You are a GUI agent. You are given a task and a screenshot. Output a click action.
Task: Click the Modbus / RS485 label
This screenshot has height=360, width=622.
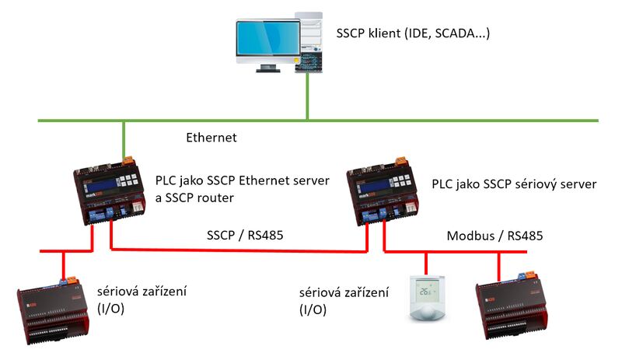tap(494, 235)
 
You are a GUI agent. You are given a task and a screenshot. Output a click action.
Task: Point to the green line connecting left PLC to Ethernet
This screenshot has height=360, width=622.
tap(122, 138)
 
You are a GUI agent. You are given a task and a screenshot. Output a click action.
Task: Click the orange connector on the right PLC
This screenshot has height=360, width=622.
tap(403, 161)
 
